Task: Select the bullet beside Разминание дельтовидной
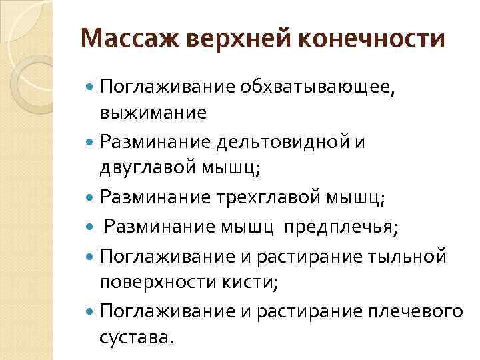(x=91, y=142)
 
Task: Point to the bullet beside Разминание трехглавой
(x=91, y=197)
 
